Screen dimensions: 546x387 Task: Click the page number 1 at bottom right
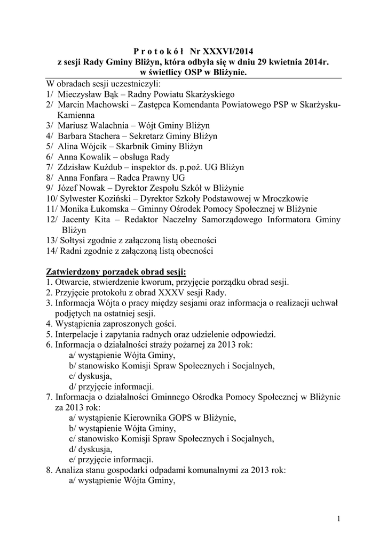tap(339, 518)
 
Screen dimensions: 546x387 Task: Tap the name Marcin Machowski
tap(88, 105)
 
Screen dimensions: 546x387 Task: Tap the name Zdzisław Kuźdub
tap(86, 167)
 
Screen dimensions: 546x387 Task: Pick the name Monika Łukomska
tap(89, 209)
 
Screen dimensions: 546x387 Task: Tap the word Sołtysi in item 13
tap(71, 240)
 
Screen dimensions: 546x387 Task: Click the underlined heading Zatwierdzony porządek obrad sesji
tap(116, 272)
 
